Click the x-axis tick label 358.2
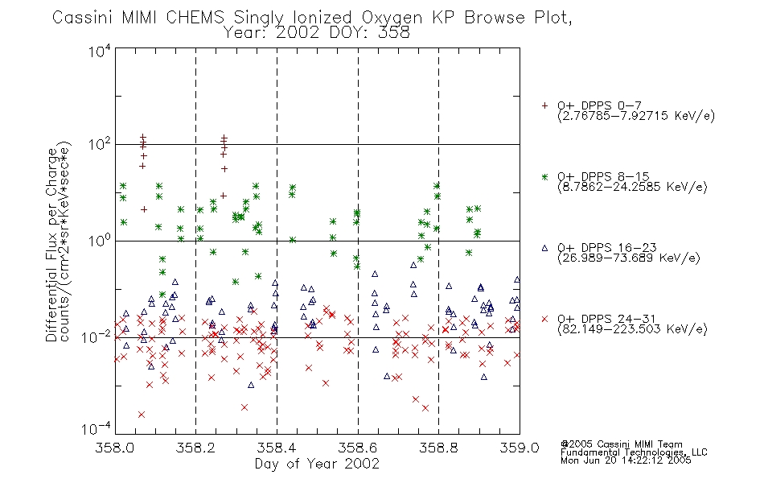(x=195, y=448)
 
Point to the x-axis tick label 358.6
(x=358, y=448)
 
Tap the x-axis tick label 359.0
(x=520, y=448)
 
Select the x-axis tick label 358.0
(x=114, y=448)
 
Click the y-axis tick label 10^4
(x=100, y=50)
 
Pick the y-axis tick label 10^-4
(x=97, y=429)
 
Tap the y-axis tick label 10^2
(x=100, y=144)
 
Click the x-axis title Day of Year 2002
(x=317, y=464)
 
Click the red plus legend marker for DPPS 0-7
(x=544, y=105)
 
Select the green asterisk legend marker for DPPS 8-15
(x=544, y=177)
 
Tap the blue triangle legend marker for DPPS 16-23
(x=544, y=248)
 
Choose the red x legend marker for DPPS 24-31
(x=544, y=319)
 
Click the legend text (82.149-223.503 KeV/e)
(x=632, y=329)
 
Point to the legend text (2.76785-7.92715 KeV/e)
(x=636, y=116)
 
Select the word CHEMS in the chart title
(x=195, y=18)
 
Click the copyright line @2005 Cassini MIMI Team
(x=621, y=444)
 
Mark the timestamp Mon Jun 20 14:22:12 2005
(x=626, y=460)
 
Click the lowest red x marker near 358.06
(x=142, y=415)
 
